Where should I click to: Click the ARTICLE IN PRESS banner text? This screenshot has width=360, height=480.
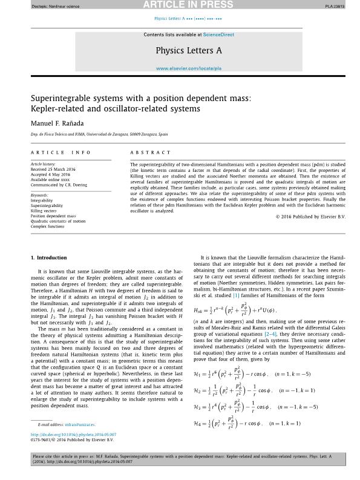coord(180,5)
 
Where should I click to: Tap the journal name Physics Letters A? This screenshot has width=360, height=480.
coord(188,51)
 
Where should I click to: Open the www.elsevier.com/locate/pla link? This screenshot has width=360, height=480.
coord(188,68)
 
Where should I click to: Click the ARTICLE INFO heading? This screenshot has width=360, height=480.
coord(61,153)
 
